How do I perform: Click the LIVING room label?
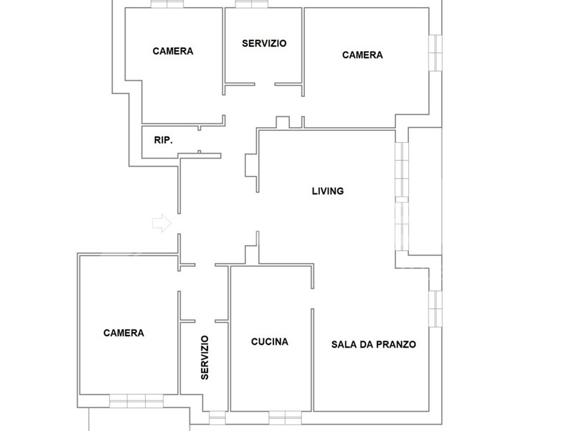coord(328,191)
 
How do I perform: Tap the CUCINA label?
coord(270,342)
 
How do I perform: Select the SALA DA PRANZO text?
coord(373,345)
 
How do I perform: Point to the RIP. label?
coord(164,140)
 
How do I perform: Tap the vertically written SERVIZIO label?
coord(204,357)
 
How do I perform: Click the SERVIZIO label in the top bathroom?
coord(264,43)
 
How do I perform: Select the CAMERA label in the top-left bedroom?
coord(173,51)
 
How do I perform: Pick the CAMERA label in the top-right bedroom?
coord(362,55)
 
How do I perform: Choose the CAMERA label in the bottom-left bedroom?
coord(123,333)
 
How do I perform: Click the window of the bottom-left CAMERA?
coord(136,401)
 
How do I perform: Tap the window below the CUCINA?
coord(285,417)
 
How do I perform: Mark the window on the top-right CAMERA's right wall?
coord(436,52)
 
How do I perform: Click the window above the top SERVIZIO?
coord(252,4)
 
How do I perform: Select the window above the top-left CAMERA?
coord(167,4)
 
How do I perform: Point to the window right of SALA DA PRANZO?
coord(436,309)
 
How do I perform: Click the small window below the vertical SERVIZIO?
coord(217,417)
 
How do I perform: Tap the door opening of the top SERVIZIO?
coord(265,84)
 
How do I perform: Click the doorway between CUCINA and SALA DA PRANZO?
coord(313,299)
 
